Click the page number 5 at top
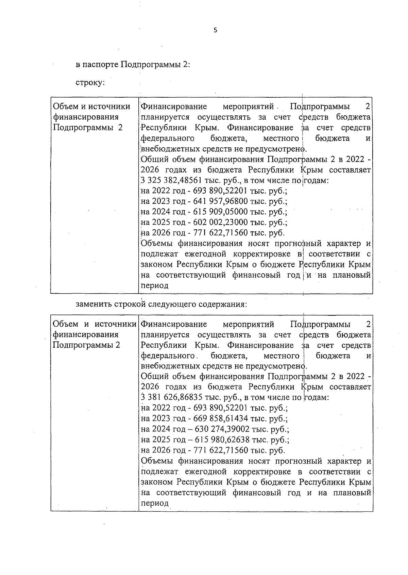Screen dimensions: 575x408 click(x=215, y=30)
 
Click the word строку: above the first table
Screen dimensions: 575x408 click(x=90, y=83)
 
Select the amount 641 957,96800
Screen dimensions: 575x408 click(x=220, y=201)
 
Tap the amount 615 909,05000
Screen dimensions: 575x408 click(x=220, y=212)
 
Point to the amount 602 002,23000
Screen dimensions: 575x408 click(x=220, y=223)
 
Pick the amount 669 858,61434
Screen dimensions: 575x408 click(x=220, y=418)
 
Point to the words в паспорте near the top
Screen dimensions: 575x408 click(x=97, y=65)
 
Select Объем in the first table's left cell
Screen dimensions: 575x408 click(x=65, y=107)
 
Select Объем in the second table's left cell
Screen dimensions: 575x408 click(x=65, y=324)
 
